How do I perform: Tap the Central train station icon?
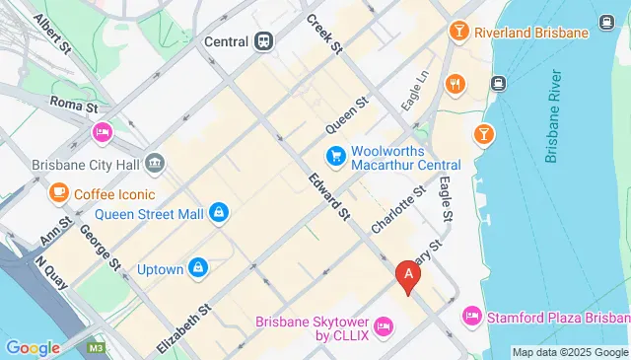pos(263,41)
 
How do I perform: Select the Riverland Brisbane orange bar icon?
pos(457,32)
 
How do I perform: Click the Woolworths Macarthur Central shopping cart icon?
pos(335,156)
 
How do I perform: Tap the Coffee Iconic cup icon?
pos(58,192)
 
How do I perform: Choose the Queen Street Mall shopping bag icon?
pos(219,211)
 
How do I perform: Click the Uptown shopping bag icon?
pos(198,266)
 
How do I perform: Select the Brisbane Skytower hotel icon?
pos(385,325)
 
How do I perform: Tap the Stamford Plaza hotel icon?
pos(471,316)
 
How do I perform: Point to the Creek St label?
pos(322,34)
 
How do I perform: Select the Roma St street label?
pos(73,102)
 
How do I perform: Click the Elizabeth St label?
pos(184,327)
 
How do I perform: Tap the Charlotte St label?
pos(397,209)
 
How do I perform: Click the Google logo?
pos(33,347)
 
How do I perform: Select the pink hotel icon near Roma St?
pos(102,132)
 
